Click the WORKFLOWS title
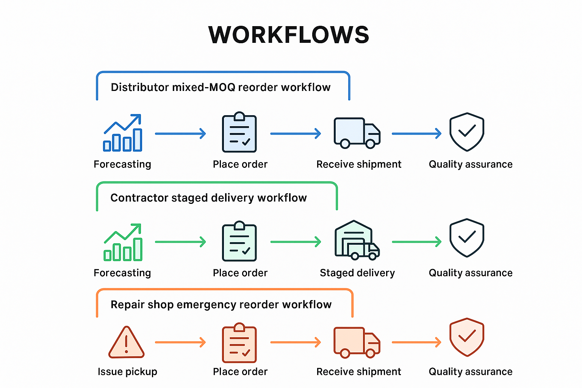(x=289, y=35)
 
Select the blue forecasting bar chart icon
(x=123, y=133)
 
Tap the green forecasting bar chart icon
(x=123, y=242)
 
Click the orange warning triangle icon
(x=126, y=343)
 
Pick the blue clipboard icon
(x=239, y=132)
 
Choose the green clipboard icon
(x=239, y=241)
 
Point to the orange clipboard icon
(x=239, y=343)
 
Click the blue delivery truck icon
(x=357, y=133)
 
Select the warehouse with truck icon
(x=357, y=241)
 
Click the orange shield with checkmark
(x=467, y=337)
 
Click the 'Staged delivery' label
(x=357, y=273)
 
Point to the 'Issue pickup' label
(x=127, y=372)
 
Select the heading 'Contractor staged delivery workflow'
(x=208, y=198)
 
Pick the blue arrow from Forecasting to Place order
(x=180, y=133)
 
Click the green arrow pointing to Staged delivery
(x=296, y=242)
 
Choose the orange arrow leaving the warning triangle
(x=180, y=343)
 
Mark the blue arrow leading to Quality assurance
(x=416, y=133)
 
